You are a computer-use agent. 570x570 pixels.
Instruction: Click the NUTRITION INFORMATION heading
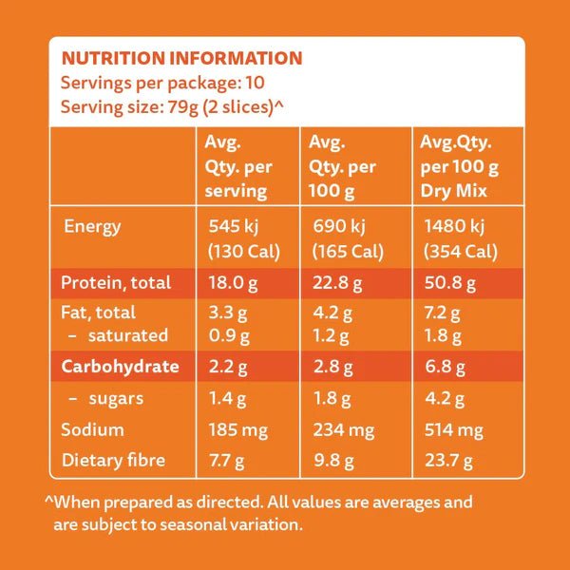coord(181,59)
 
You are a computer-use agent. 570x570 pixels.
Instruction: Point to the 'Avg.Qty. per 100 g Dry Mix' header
coord(460,166)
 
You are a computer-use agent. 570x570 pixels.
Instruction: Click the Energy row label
coord(92,227)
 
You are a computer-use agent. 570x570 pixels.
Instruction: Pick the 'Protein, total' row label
coord(116,282)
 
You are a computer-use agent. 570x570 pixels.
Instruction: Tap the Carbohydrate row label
coord(120,366)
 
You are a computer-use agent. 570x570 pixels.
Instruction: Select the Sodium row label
coord(93,429)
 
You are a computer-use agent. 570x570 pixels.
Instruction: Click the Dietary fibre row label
coord(113,461)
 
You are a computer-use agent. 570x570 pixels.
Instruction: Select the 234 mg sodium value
coord(342,429)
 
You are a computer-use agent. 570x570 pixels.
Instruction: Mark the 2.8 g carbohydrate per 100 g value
coord(331,366)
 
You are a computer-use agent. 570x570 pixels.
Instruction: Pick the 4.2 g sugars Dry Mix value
coord(441,398)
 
